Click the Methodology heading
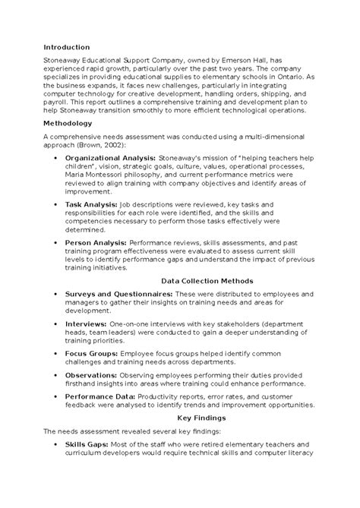pyautogui.click(x=68, y=123)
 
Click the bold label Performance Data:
pyautogui.click(x=100, y=396)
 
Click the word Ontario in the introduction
pyautogui.click(x=277, y=78)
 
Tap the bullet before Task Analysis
pyautogui.click(x=58, y=205)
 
